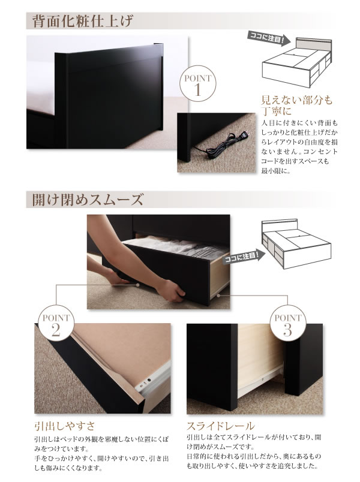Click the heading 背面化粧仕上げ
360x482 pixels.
82,21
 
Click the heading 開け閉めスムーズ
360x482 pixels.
88,200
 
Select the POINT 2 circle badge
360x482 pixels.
56,323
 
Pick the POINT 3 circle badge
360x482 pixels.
287,323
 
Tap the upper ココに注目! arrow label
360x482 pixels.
269,39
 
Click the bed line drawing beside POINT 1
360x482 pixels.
296,62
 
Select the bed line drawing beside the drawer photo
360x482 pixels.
296,243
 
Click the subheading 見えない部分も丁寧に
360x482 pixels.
296,105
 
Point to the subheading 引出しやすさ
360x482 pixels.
65,426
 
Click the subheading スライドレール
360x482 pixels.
221,426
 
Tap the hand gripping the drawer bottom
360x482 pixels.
172,291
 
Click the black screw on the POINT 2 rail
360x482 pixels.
149,379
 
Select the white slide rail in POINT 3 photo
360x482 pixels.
260,381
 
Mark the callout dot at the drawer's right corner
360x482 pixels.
219,296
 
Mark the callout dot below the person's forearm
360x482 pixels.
138,285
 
